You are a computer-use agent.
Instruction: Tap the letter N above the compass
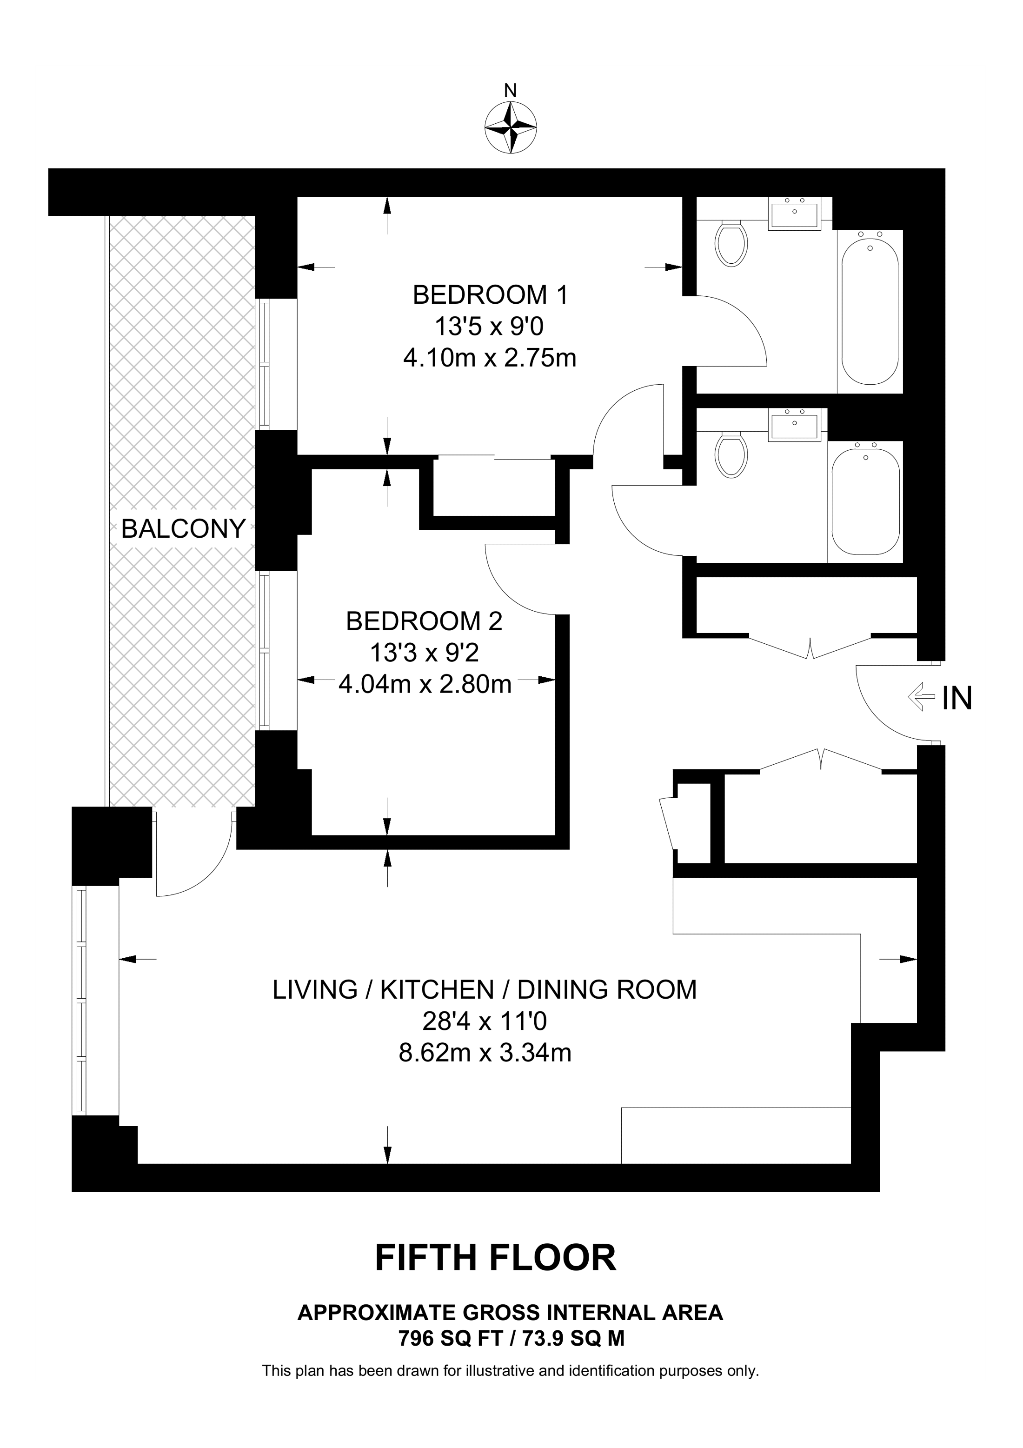(511, 91)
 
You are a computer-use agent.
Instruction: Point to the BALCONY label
(183, 528)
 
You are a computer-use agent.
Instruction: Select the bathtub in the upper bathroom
(870, 308)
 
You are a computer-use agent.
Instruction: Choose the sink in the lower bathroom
(794, 424)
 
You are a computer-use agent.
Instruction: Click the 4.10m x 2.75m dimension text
(490, 358)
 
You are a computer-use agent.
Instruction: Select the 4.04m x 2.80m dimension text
(425, 684)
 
